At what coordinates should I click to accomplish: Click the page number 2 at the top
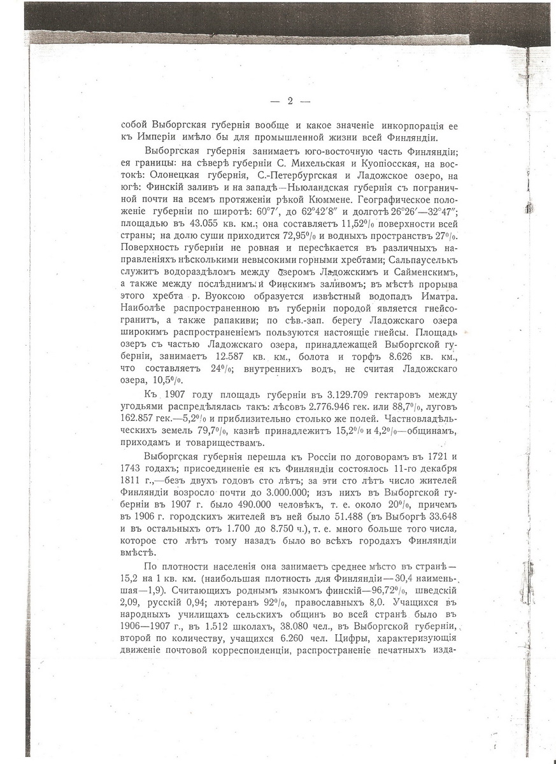click(290, 100)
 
